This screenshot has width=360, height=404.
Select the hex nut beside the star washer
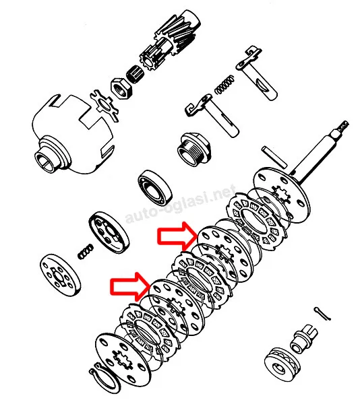[x=121, y=88]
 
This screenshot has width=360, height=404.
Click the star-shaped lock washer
[x=104, y=106]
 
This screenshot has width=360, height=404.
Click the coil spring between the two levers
[x=224, y=85]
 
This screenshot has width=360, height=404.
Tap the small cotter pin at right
[x=322, y=314]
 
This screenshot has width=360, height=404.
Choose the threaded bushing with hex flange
[x=194, y=150]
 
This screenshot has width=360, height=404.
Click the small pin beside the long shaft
[x=274, y=157]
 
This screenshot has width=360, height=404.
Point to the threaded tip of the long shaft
[x=341, y=127]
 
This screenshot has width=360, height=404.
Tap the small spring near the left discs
[x=86, y=252]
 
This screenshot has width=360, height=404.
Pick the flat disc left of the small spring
[x=60, y=275]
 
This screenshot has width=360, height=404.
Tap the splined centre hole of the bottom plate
[x=121, y=358]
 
